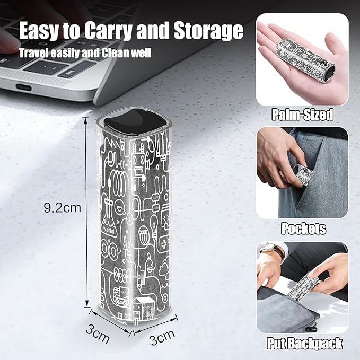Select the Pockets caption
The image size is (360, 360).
pos(303,229)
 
